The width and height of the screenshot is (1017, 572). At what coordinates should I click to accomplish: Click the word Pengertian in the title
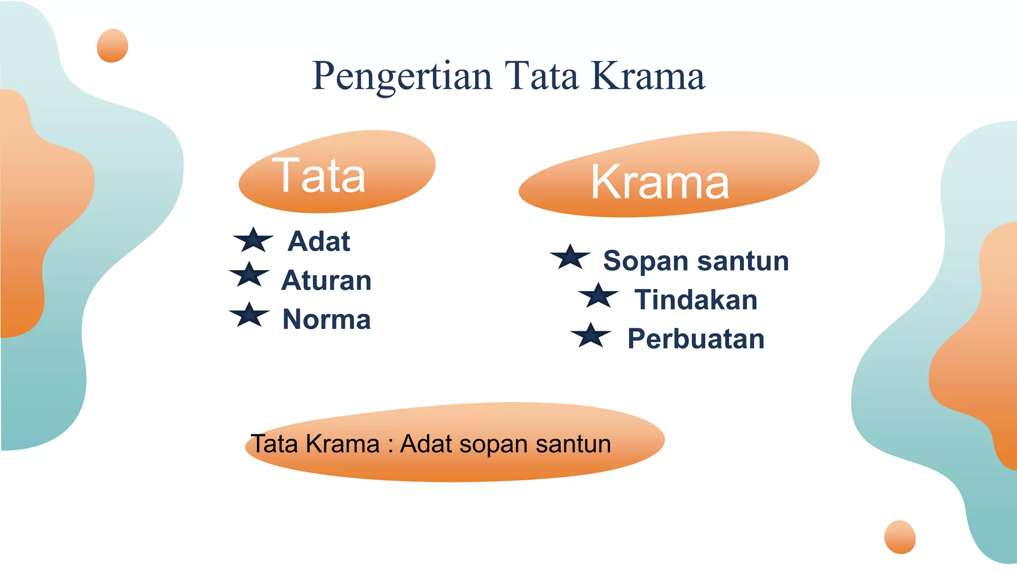click(x=402, y=76)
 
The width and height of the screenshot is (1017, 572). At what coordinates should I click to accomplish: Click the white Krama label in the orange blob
click(x=660, y=182)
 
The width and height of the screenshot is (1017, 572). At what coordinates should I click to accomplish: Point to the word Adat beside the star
click(x=319, y=241)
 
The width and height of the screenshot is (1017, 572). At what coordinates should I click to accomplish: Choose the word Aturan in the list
click(x=326, y=280)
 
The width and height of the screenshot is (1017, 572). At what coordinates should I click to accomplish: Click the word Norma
click(x=326, y=319)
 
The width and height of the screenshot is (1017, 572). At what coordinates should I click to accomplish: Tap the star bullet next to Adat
click(x=253, y=240)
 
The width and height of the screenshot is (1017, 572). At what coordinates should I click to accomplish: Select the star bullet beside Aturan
click(x=249, y=275)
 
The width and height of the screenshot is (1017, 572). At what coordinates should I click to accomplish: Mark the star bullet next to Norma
click(x=249, y=315)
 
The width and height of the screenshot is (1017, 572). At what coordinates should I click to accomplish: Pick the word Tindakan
click(x=696, y=300)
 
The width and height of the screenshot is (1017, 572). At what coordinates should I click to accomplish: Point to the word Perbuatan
click(x=696, y=339)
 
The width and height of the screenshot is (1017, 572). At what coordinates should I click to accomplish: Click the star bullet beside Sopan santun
click(x=571, y=257)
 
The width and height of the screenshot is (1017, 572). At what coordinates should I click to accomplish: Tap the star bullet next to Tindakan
click(x=598, y=296)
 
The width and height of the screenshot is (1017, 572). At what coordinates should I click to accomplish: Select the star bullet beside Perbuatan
click(x=591, y=336)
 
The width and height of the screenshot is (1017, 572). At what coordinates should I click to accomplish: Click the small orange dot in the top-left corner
click(x=112, y=46)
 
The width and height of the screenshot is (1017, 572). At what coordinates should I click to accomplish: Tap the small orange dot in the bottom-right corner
click(x=900, y=537)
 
